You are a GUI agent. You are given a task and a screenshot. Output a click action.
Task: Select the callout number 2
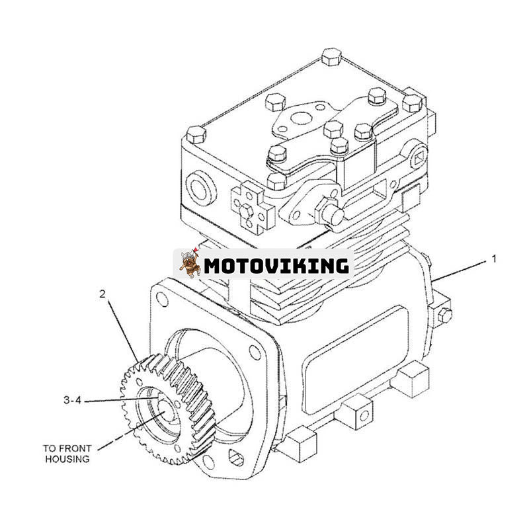click(x=102, y=294)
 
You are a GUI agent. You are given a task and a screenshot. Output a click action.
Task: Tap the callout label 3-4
click(x=73, y=400)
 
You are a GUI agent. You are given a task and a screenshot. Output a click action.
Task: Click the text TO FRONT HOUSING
click(x=67, y=454)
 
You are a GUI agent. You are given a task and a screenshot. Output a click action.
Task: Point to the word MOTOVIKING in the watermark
click(x=276, y=266)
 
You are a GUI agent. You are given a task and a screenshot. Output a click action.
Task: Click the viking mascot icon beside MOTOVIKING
click(x=189, y=264)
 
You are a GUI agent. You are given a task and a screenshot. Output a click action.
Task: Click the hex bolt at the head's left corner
click(x=196, y=136)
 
